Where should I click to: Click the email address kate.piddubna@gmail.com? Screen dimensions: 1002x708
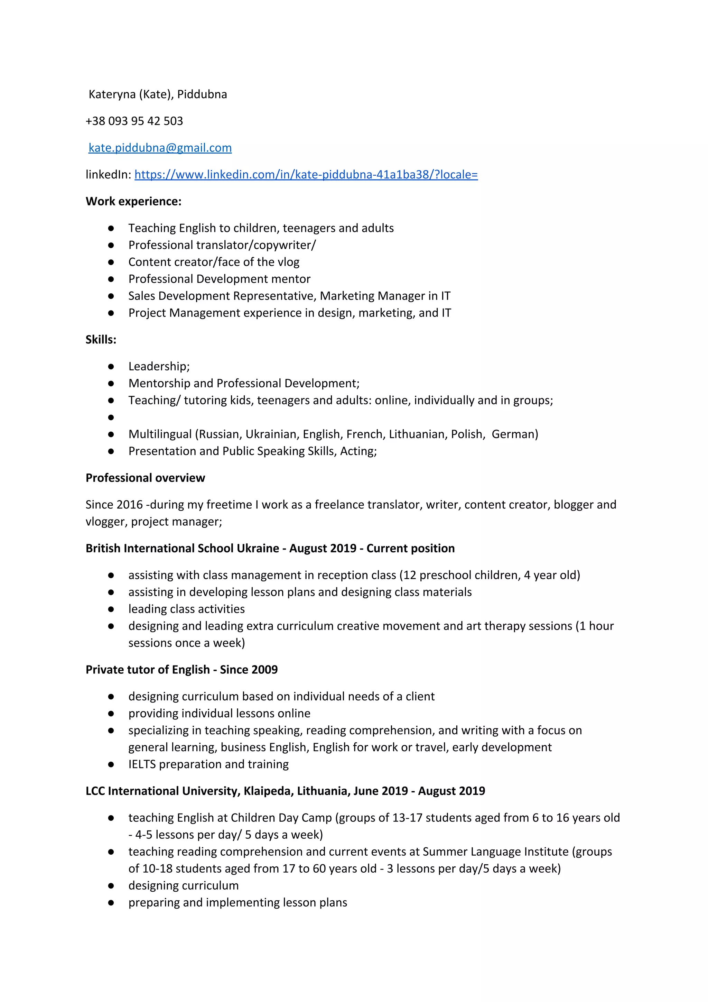point(160,148)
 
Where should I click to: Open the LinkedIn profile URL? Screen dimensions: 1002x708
point(306,175)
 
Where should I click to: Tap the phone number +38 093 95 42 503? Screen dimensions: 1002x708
point(134,121)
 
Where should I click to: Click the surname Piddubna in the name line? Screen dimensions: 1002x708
point(202,94)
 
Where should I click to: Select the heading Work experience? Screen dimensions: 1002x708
point(133,201)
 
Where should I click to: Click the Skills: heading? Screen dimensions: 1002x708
point(101,340)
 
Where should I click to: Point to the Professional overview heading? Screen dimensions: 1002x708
point(145,478)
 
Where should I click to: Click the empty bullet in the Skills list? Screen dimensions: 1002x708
point(111,417)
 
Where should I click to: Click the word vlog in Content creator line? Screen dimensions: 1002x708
point(288,262)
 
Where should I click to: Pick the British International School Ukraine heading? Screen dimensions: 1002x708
point(182,548)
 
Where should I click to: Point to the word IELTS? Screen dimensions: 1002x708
point(142,764)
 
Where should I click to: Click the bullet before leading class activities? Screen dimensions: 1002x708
point(111,609)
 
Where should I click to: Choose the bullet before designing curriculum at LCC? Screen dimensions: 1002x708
point(111,885)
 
